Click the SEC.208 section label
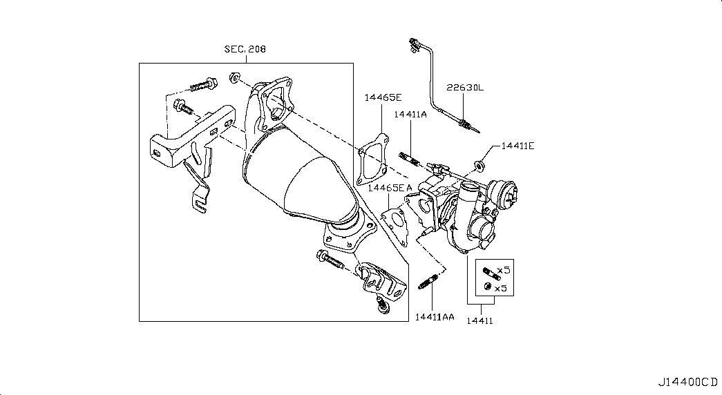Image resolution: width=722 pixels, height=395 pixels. (x=245, y=49)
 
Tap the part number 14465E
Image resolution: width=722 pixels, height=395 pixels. (x=383, y=97)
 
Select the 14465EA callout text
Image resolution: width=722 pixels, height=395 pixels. (x=390, y=188)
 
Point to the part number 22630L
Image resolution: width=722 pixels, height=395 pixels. (x=465, y=88)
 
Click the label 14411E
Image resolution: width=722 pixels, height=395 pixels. (x=518, y=146)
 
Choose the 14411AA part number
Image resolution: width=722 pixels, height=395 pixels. (x=434, y=317)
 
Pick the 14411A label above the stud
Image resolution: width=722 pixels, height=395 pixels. (x=410, y=114)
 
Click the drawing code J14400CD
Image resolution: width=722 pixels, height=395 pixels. (x=687, y=382)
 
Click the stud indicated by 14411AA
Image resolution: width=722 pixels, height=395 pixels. (x=429, y=281)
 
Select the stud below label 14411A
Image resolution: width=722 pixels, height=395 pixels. (x=410, y=158)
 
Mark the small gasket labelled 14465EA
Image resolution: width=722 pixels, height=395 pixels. (x=395, y=225)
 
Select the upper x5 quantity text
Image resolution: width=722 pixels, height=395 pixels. (x=504, y=270)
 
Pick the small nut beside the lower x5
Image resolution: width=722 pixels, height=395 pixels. (x=487, y=287)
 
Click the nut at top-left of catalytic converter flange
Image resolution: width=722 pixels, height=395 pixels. (x=234, y=77)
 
